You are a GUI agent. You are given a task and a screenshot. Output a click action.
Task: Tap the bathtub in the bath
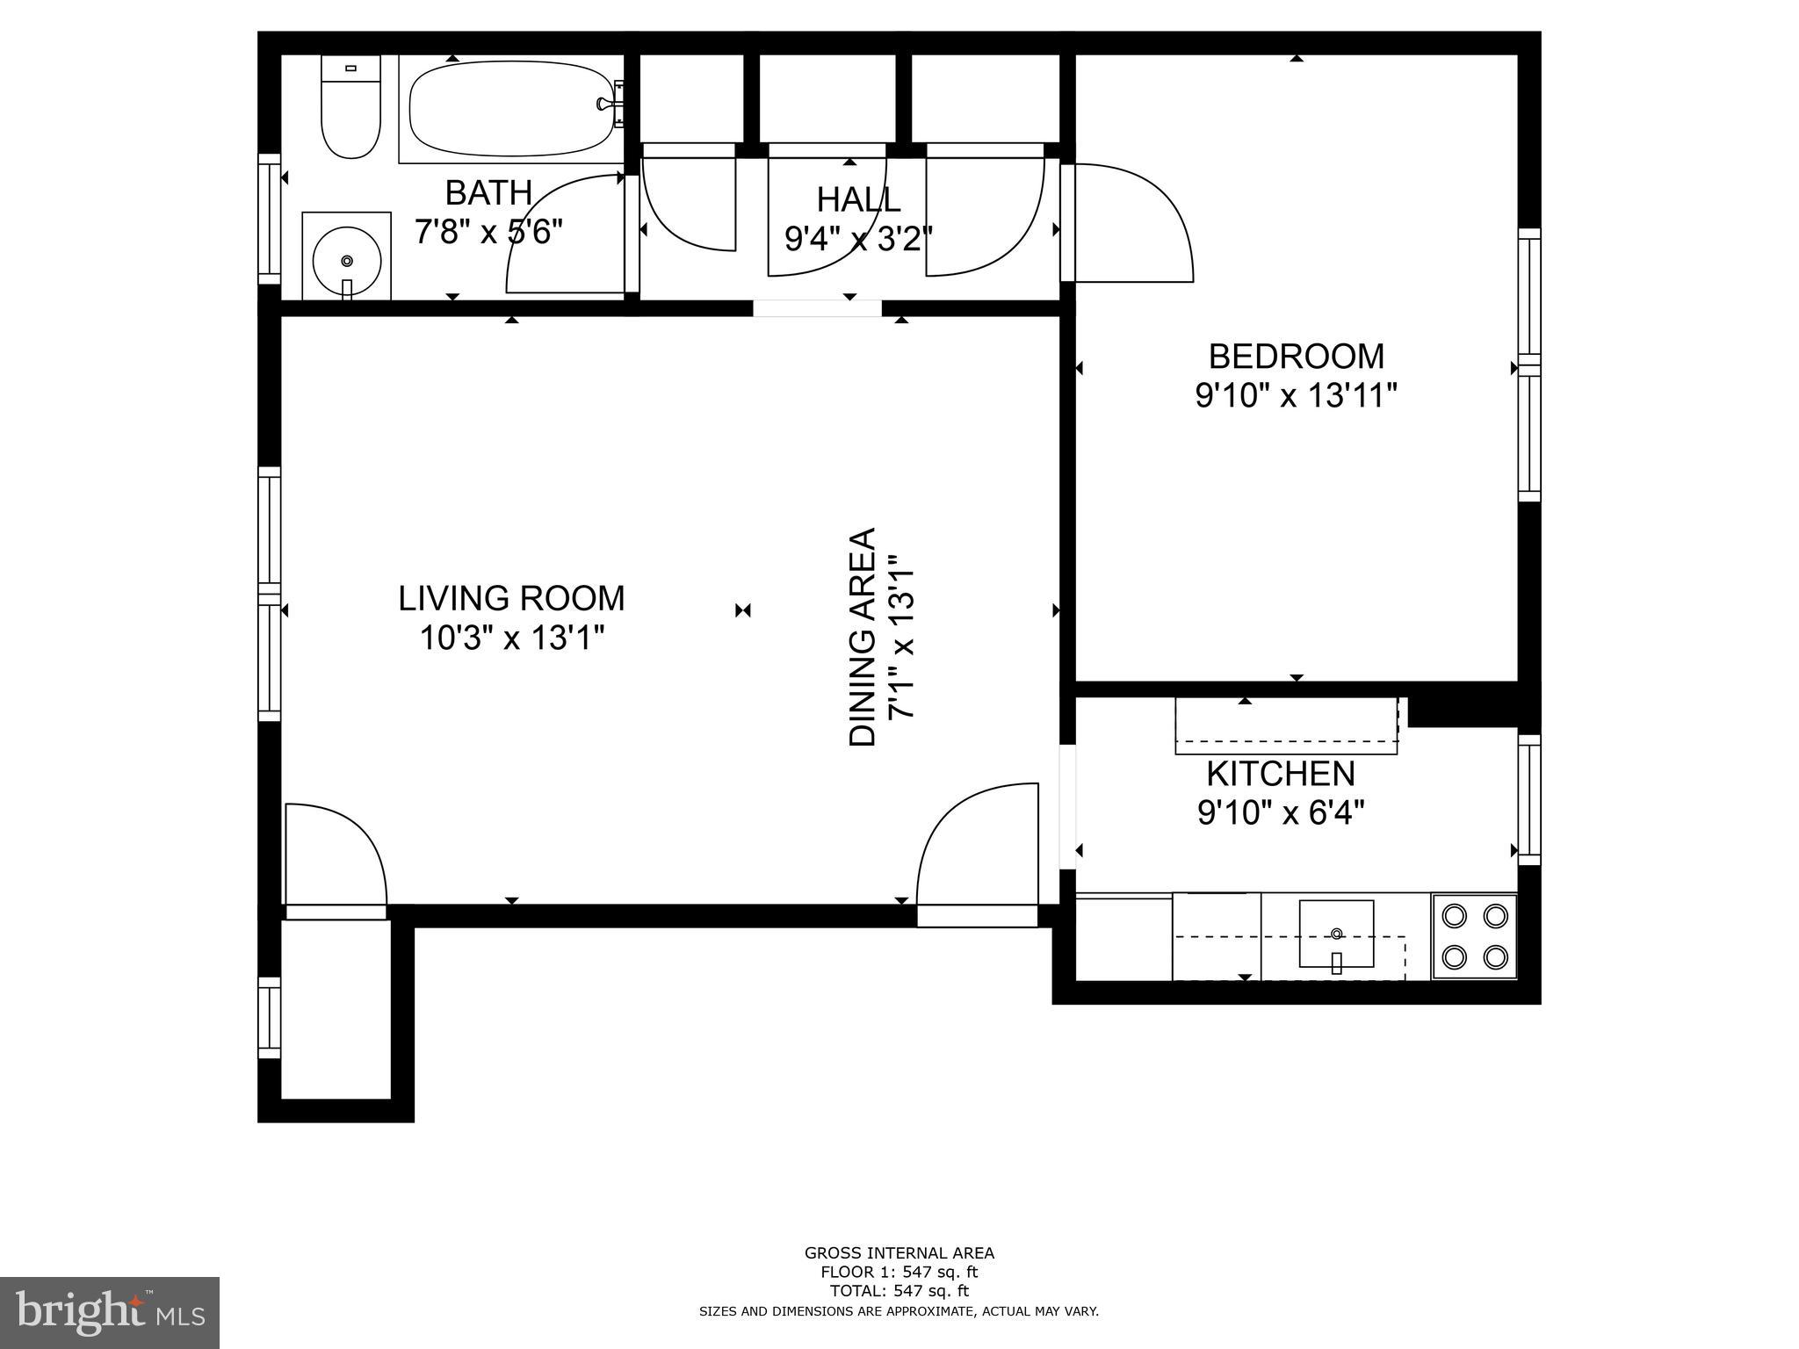pyautogui.click(x=510, y=109)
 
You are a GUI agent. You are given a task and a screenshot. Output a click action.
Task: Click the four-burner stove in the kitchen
pyautogui.click(x=1474, y=936)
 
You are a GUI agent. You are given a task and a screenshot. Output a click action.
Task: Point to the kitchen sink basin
pyautogui.click(x=1336, y=934)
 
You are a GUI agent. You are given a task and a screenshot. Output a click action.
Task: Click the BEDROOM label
pyautogui.click(x=1296, y=357)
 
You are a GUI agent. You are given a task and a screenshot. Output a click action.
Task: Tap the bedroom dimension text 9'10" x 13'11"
pyautogui.click(x=1296, y=396)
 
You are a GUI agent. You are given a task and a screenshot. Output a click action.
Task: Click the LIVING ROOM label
pyautogui.click(x=511, y=599)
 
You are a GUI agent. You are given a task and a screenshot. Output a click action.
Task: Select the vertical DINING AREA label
pyautogui.click(x=863, y=637)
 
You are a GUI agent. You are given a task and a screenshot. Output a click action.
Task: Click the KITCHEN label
pyautogui.click(x=1280, y=774)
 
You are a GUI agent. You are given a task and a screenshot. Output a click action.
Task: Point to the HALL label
pyautogui.click(x=858, y=199)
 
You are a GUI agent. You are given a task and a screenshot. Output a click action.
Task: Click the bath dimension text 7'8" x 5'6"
pyautogui.click(x=488, y=232)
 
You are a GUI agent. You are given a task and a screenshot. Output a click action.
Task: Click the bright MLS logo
pyautogui.click(x=109, y=1312)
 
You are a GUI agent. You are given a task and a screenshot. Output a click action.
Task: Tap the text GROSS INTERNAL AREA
pyautogui.click(x=899, y=1253)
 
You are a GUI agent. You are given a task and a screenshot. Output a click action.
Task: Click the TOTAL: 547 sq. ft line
pyautogui.click(x=899, y=1291)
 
